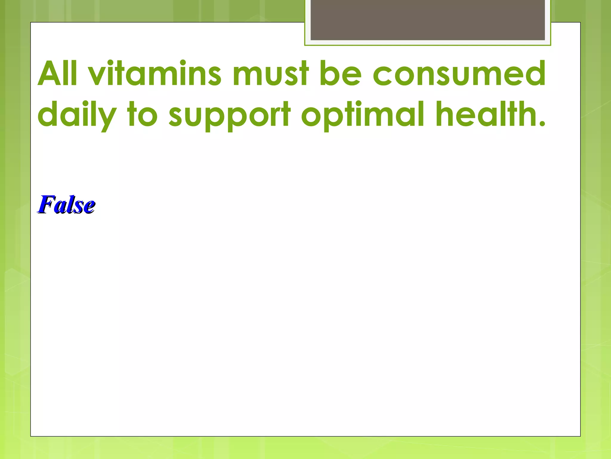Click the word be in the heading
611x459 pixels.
click(x=340, y=73)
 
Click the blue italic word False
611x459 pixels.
click(x=66, y=205)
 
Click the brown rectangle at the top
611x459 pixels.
click(x=428, y=20)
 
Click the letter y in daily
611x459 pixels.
click(x=106, y=118)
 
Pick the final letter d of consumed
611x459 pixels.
click(x=534, y=73)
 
